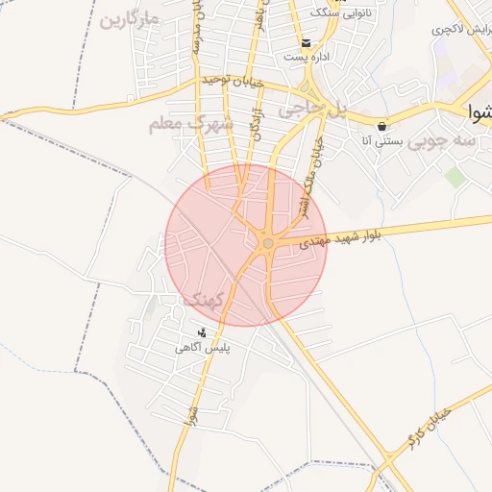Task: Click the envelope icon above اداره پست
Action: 307,42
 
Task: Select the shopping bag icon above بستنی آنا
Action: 382,126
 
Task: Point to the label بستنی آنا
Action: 381,141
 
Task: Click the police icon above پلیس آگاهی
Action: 202,332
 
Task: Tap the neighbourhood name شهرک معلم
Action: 192,125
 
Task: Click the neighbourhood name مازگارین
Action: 130,19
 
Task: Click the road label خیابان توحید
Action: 234,83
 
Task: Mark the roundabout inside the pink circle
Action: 267,243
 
